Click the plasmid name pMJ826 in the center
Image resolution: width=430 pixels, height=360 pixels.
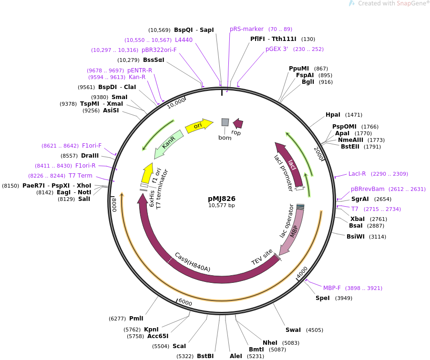point(222,199)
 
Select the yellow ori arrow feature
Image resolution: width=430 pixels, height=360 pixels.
point(198,126)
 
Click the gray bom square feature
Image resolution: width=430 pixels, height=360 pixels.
point(225,122)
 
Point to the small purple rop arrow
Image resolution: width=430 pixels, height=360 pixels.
point(238,124)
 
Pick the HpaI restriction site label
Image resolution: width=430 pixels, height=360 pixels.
point(333,115)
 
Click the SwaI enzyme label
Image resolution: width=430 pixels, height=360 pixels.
point(293,330)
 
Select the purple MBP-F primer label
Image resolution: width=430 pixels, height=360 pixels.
point(332,288)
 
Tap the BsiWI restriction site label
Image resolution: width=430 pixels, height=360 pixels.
point(356,237)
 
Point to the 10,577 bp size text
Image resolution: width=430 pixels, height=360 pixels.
point(222,206)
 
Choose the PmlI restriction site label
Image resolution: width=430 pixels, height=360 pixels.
point(136,319)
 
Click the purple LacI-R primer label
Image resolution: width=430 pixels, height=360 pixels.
point(357,174)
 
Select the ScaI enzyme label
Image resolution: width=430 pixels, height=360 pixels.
point(179,346)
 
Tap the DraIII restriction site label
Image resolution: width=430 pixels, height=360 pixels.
point(90,156)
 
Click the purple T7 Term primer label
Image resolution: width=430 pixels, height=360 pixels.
point(81,176)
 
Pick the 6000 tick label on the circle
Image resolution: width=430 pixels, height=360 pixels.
point(185,303)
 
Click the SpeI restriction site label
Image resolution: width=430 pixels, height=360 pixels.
point(323,298)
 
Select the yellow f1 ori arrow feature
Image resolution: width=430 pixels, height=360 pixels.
point(148,171)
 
